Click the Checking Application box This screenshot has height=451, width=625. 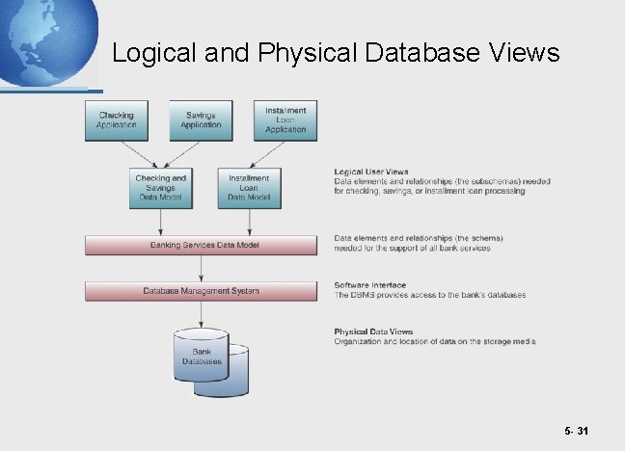click(117, 119)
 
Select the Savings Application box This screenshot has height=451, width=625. click(201, 119)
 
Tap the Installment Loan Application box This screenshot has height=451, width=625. click(285, 119)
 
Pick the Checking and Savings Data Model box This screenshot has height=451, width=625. click(160, 187)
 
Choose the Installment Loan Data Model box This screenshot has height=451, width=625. click(250, 187)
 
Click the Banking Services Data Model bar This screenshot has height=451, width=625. click(202, 245)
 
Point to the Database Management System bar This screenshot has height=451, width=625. click(202, 290)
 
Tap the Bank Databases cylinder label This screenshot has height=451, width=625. click(202, 358)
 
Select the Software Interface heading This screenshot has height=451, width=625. click(370, 285)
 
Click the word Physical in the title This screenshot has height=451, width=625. click(310, 54)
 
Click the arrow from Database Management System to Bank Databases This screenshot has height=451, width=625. click(202, 313)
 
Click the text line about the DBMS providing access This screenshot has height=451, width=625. click(430, 295)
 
